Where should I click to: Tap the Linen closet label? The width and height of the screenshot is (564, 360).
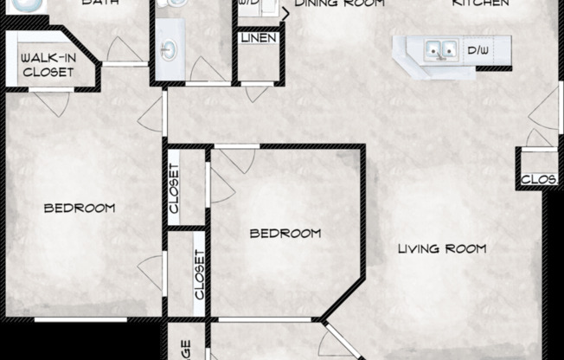tap(259, 39)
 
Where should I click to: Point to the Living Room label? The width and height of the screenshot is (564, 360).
tap(441, 249)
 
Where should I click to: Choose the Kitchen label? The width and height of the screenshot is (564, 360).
tap(480, 3)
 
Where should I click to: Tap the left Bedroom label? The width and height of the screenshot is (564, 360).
tap(80, 208)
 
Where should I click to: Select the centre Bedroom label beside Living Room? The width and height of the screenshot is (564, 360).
tap(285, 233)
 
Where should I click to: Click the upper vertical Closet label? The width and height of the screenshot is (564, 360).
tap(174, 189)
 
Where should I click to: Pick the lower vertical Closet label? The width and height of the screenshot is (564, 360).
tap(200, 274)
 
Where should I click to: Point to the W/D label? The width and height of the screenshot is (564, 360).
tap(249, 4)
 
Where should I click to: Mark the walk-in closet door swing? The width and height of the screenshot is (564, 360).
tap(52, 102)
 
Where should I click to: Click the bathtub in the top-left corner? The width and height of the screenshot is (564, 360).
tap(30, 4)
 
